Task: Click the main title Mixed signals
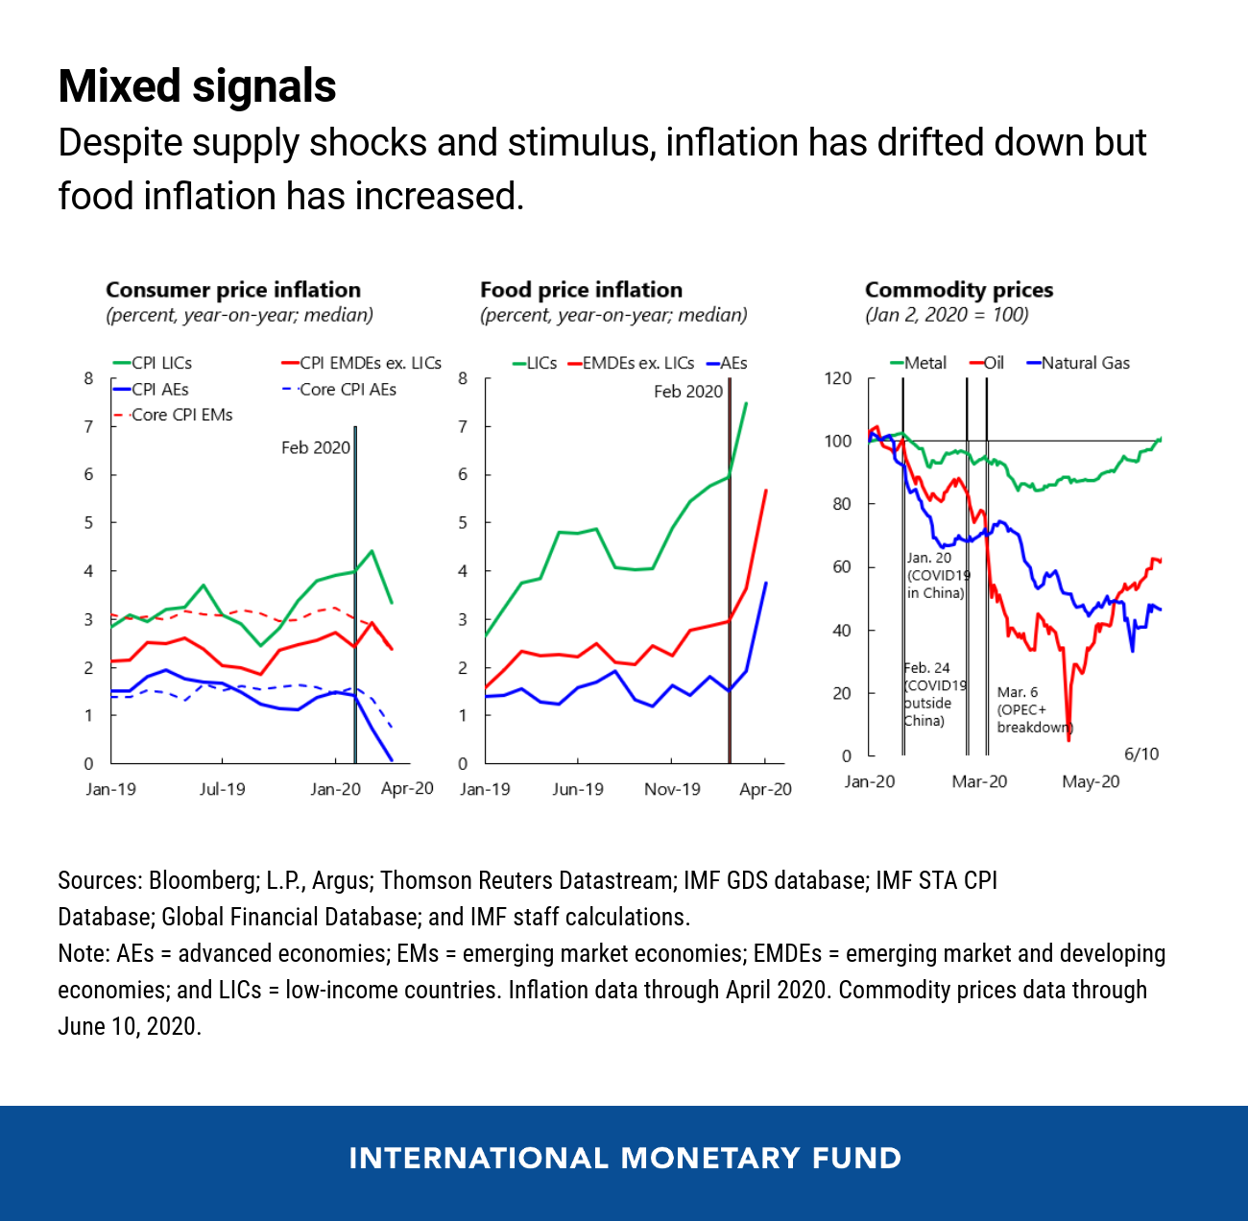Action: [x=197, y=86]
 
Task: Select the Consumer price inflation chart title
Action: [x=233, y=290]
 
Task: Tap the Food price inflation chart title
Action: [x=581, y=290]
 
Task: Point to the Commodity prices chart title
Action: [x=958, y=290]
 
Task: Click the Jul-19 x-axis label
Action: [x=222, y=789]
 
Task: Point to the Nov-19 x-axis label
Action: [x=672, y=789]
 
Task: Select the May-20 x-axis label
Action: [x=1091, y=781]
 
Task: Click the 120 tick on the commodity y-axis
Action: [x=838, y=378]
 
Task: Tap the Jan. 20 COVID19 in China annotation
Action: [x=937, y=575]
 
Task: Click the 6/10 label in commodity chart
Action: [x=1141, y=754]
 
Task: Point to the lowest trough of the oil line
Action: [x=1068, y=739]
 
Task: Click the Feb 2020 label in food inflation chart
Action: [x=688, y=392]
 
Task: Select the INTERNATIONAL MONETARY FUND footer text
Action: [x=625, y=1158]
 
